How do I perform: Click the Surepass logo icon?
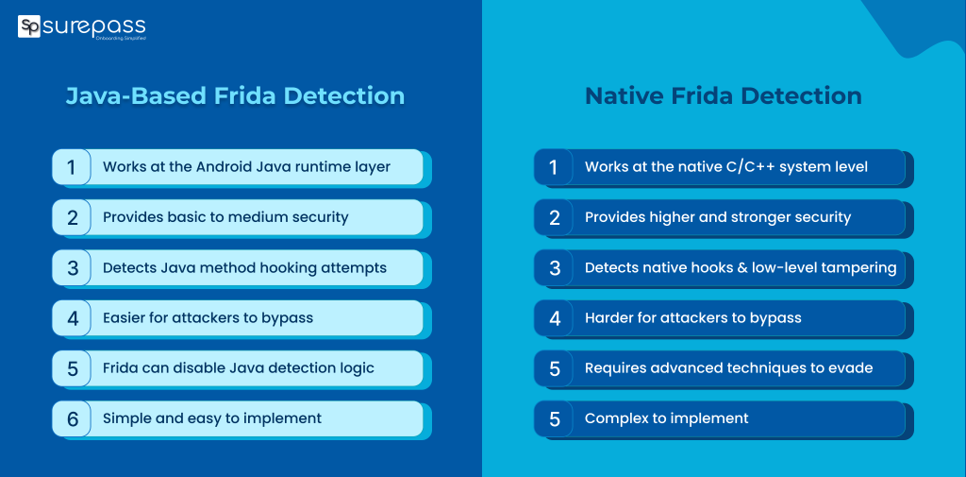tap(29, 26)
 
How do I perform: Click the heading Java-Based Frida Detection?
tap(235, 96)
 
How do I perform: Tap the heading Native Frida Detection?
tap(723, 96)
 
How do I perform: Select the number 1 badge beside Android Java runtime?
tap(72, 167)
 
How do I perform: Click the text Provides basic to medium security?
tap(225, 217)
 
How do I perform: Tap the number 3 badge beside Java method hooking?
tap(72, 268)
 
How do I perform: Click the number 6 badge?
tap(72, 419)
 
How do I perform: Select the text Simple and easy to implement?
tap(212, 418)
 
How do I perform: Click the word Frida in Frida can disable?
tap(124, 368)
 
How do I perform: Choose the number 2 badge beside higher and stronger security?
tap(555, 218)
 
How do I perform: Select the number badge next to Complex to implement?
tap(555, 419)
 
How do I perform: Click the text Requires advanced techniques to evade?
tap(728, 368)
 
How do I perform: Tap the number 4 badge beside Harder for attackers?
tap(555, 319)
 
